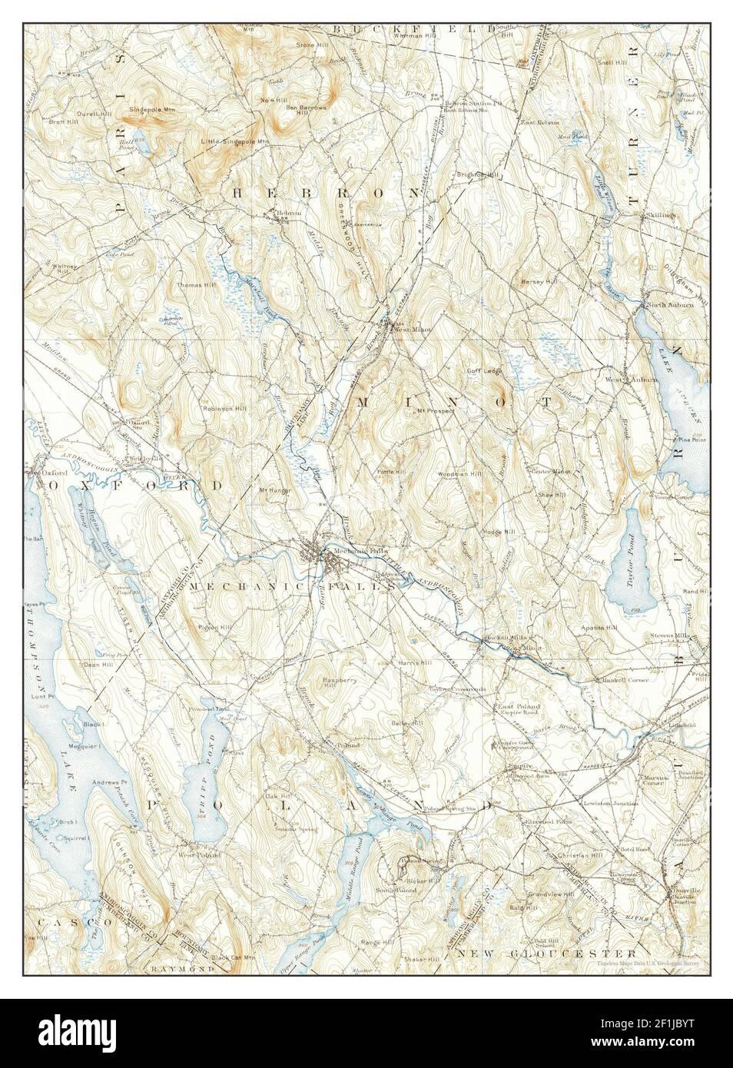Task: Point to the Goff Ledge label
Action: pos(483,370)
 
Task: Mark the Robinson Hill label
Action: pos(224,409)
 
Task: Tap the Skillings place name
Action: pos(660,216)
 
